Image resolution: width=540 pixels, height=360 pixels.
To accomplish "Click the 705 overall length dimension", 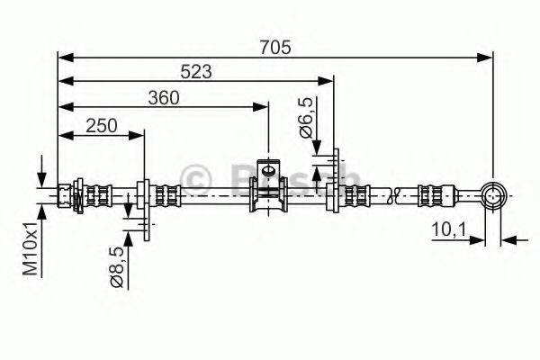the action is pos(275,48).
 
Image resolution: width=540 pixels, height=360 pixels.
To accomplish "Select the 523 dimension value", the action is pos(196,72).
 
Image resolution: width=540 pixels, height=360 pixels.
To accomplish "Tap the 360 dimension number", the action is pos(164,98).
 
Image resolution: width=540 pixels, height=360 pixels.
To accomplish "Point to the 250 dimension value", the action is pos(101,126).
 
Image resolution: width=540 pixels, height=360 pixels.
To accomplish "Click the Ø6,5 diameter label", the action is pos(306,118).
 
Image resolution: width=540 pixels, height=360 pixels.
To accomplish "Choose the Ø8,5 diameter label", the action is pos(117,267).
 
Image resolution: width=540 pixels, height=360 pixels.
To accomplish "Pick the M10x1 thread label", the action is pos(30,248).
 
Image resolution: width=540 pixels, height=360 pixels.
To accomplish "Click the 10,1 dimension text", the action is pos(449,229).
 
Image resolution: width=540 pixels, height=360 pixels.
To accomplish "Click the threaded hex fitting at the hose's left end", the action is pos(65,195).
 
